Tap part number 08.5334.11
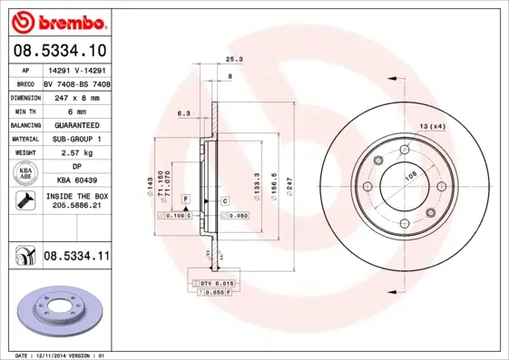pyautogui.click(x=76, y=257)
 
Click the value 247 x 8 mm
pyautogui.click(x=76, y=96)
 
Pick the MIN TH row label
pyautogui.click(x=24, y=110)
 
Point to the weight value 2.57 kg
pyautogui.click(x=76, y=153)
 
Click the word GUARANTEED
pyautogui.click(x=76, y=124)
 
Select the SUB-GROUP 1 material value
pyautogui.click(x=76, y=139)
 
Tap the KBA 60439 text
pyautogui.click(x=76, y=180)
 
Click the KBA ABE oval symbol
pyautogui.click(x=25, y=174)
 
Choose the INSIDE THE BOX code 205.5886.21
pyautogui.click(x=76, y=206)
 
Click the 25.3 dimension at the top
pyautogui.click(x=233, y=59)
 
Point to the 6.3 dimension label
pyautogui.click(x=183, y=113)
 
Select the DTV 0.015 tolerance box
pyautogui.click(x=212, y=285)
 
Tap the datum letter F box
pyautogui.click(x=185, y=198)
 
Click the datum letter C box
pyautogui.click(x=223, y=199)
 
